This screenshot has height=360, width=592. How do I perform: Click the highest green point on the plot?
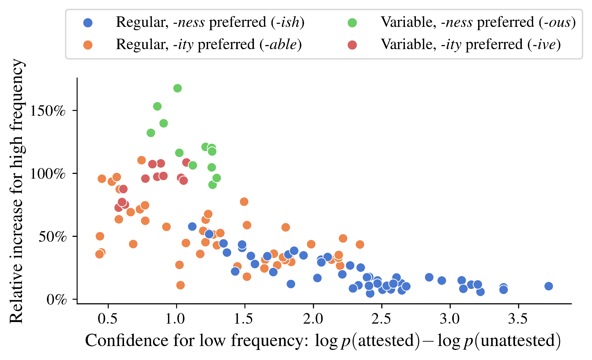point(177,88)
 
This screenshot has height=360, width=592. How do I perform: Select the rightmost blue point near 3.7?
point(548,286)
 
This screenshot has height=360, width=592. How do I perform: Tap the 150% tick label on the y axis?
point(48,111)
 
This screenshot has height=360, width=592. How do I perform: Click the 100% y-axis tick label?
point(48,174)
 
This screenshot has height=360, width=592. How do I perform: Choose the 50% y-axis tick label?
point(52,237)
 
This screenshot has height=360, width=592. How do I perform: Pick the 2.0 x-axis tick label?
point(313,319)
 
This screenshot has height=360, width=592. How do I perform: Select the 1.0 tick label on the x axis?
point(176,319)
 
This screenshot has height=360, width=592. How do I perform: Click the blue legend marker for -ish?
point(88,23)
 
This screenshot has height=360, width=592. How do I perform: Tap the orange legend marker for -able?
point(88,45)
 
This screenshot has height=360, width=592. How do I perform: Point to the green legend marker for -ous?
point(352,23)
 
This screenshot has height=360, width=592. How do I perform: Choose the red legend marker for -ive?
point(352,45)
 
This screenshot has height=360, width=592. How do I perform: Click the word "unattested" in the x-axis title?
point(518,341)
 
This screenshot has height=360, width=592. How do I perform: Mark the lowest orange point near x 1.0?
point(180,285)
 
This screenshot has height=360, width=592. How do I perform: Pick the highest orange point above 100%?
point(141,160)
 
